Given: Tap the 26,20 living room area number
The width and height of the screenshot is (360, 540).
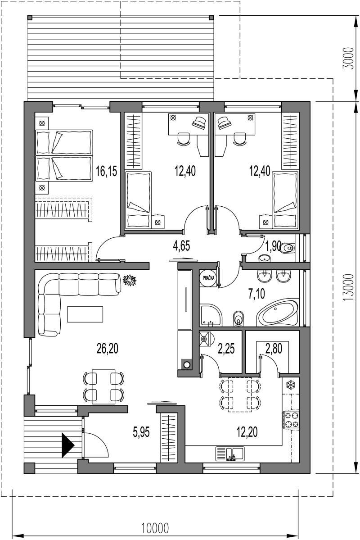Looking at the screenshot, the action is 107,349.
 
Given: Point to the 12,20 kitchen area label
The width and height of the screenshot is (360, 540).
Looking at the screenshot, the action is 247,431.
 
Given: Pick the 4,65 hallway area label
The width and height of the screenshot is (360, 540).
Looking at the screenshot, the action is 181,246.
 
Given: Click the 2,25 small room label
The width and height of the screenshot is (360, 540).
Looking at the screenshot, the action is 226,349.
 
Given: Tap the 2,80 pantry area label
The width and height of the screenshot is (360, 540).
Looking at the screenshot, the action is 274,349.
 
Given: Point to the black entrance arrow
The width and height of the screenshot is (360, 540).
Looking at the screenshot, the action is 68,445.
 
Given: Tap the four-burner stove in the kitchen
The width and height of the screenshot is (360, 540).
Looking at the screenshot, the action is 291,420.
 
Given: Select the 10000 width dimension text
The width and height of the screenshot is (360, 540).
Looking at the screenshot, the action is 154,527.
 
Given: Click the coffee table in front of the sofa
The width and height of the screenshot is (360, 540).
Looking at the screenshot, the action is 85,314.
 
